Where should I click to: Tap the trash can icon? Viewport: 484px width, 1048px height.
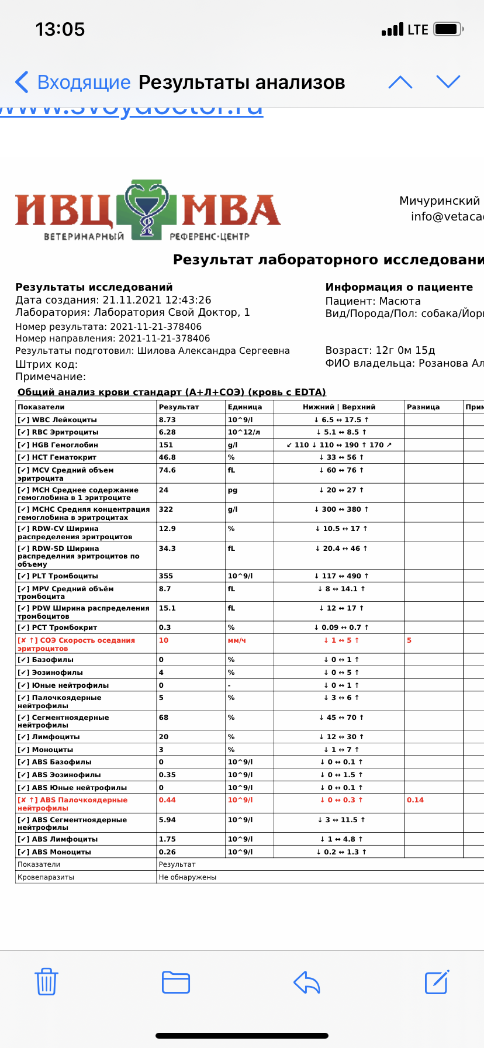click(46, 982)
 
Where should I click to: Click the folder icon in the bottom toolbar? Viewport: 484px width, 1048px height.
click(176, 982)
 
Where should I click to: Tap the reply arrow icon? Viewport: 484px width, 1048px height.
click(307, 982)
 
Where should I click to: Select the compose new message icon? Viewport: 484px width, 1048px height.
click(437, 982)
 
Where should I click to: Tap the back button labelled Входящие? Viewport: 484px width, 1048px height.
click(73, 82)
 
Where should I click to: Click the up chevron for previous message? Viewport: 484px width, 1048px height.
click(400, 82)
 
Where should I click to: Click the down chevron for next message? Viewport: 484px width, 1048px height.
click(448, 82)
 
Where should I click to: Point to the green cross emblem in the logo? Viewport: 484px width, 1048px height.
click(146, 209)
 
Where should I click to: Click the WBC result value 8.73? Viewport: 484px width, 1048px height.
click(167, 420)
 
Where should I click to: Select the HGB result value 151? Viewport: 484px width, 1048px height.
click(166, 445)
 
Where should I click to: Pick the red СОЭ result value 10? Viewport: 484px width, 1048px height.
click(164, 640)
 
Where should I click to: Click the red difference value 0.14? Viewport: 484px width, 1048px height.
click(415, 800)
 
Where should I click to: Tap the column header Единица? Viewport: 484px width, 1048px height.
click(245, 407)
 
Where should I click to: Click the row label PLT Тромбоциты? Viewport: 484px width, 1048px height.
click(58, 576)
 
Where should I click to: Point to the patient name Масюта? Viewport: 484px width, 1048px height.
click(400, 301)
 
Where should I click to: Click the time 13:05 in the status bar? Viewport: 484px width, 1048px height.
click(60, 29)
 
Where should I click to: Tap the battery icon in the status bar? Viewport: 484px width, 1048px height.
click(449, 29)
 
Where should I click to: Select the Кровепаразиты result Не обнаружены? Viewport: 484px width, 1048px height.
click(188, 877)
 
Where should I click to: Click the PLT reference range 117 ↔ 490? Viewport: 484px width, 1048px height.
click(341, 576)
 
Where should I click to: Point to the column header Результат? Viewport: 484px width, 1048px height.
click(179, 407)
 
